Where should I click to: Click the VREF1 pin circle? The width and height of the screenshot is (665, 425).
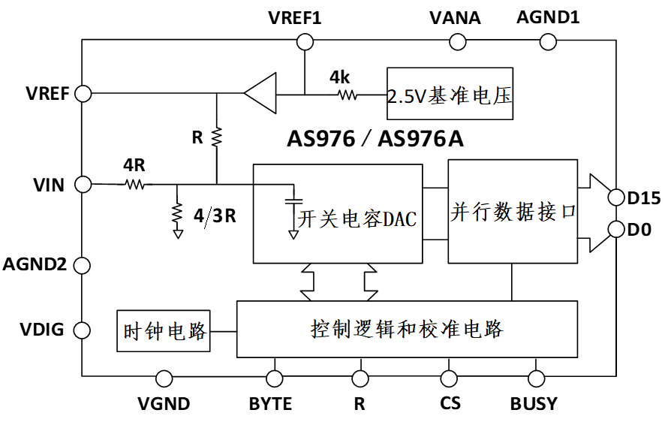(x=305, y=41)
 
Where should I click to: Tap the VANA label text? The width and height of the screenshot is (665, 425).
(x=455, y=17)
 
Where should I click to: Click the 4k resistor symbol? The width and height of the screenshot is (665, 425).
(x=347, y=95)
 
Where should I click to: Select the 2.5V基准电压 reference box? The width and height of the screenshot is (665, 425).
(x=450, y=94)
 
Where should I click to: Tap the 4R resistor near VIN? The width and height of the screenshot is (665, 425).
(x=136, y=183)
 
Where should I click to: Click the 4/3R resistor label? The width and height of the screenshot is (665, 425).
(x=215, y=216)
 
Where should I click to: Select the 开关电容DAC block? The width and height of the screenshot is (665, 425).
(x=338, y=212)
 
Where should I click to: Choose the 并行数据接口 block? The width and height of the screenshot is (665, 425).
(x=513, y=211)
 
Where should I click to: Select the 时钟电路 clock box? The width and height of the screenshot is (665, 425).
(x=164, y=330)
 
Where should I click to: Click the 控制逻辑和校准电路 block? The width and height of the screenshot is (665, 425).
(x=407, y=329)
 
